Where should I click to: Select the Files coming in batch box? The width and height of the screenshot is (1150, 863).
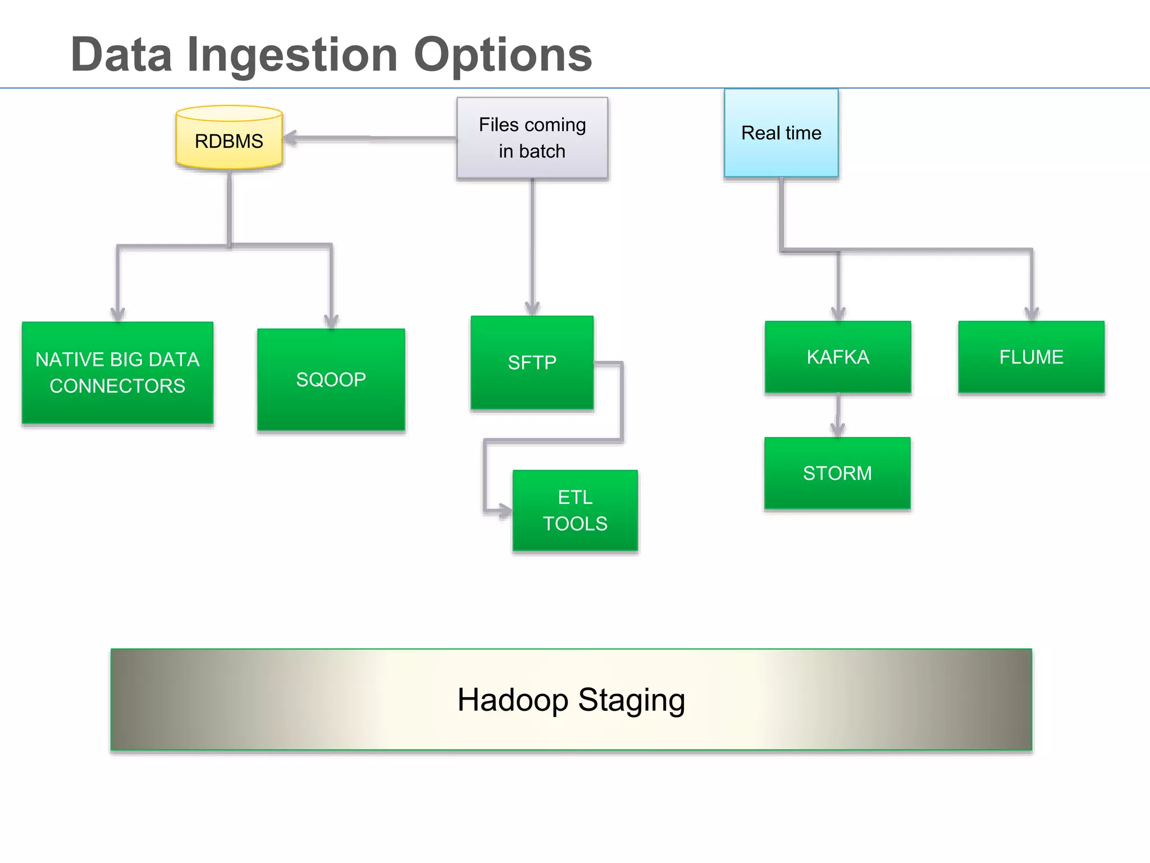click(x=532, y=138)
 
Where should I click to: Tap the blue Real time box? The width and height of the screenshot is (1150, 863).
click(x=781, y=133)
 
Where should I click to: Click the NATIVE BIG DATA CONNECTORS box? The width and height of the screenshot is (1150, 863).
click(x=117, y=373)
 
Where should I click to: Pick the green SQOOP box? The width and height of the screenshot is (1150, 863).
click(x=331, y=380)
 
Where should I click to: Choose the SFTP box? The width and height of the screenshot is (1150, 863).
click(x=532, y=362)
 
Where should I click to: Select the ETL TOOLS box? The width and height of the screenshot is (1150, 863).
click(x=575, y=510)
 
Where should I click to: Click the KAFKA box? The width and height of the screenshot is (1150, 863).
click(x=837, y=357)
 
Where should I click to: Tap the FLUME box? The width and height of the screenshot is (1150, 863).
click(x=1031, y=357)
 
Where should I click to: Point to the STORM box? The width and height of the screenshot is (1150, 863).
click(x=837, y=473)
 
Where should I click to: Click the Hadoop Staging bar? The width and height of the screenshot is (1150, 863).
click(x=571, y=700)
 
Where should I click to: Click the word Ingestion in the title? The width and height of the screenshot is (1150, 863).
click(x=293, y=55)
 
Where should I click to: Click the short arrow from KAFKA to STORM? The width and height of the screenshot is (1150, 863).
click(x=838, y=416)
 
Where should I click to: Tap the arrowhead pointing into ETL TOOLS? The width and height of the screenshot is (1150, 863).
click(x=505, y=511)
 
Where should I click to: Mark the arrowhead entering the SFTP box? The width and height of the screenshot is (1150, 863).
click(x=532, y=308)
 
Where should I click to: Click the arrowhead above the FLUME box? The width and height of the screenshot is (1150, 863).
click(x=1032, y=314)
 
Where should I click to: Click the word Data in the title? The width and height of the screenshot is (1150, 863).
click(x=121, y=55)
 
